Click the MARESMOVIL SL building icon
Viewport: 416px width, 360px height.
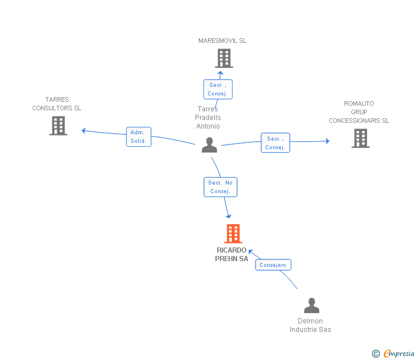[x=224, y=58]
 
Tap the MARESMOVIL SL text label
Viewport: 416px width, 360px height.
[x=222, y=41]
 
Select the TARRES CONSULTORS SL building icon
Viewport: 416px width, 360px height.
[x=58, y=126]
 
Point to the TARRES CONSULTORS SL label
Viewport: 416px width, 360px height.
[x=57, y=104]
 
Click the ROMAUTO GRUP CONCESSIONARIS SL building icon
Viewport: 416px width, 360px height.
[x=361, y=138]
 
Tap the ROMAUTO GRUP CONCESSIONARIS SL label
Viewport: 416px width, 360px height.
[x=359, y=112]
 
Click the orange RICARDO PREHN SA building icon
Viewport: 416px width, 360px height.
[x=233, y=234]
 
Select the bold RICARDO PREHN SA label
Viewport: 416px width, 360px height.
[x=231, y=254]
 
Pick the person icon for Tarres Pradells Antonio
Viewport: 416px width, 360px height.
[x=209, y=145]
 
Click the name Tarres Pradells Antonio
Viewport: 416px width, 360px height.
[x=208, y=118]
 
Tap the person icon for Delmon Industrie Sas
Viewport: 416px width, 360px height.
[x=312, y=305]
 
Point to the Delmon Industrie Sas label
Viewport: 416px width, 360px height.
[x=310, y=325]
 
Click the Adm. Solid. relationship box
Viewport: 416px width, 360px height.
[x=139, y=137]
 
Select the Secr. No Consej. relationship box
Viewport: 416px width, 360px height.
[x=221, y=187]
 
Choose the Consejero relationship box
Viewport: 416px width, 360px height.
[x=273, y=265]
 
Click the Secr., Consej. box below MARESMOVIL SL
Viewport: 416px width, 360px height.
[x=218, y=89]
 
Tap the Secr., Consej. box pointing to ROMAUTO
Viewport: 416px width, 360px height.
[x=275, y=143]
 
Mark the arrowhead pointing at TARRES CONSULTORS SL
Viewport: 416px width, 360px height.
[x=83, y=130]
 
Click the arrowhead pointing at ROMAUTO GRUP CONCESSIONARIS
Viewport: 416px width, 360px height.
[x=327, y=141]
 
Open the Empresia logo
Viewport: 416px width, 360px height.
[x=393, y=353]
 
